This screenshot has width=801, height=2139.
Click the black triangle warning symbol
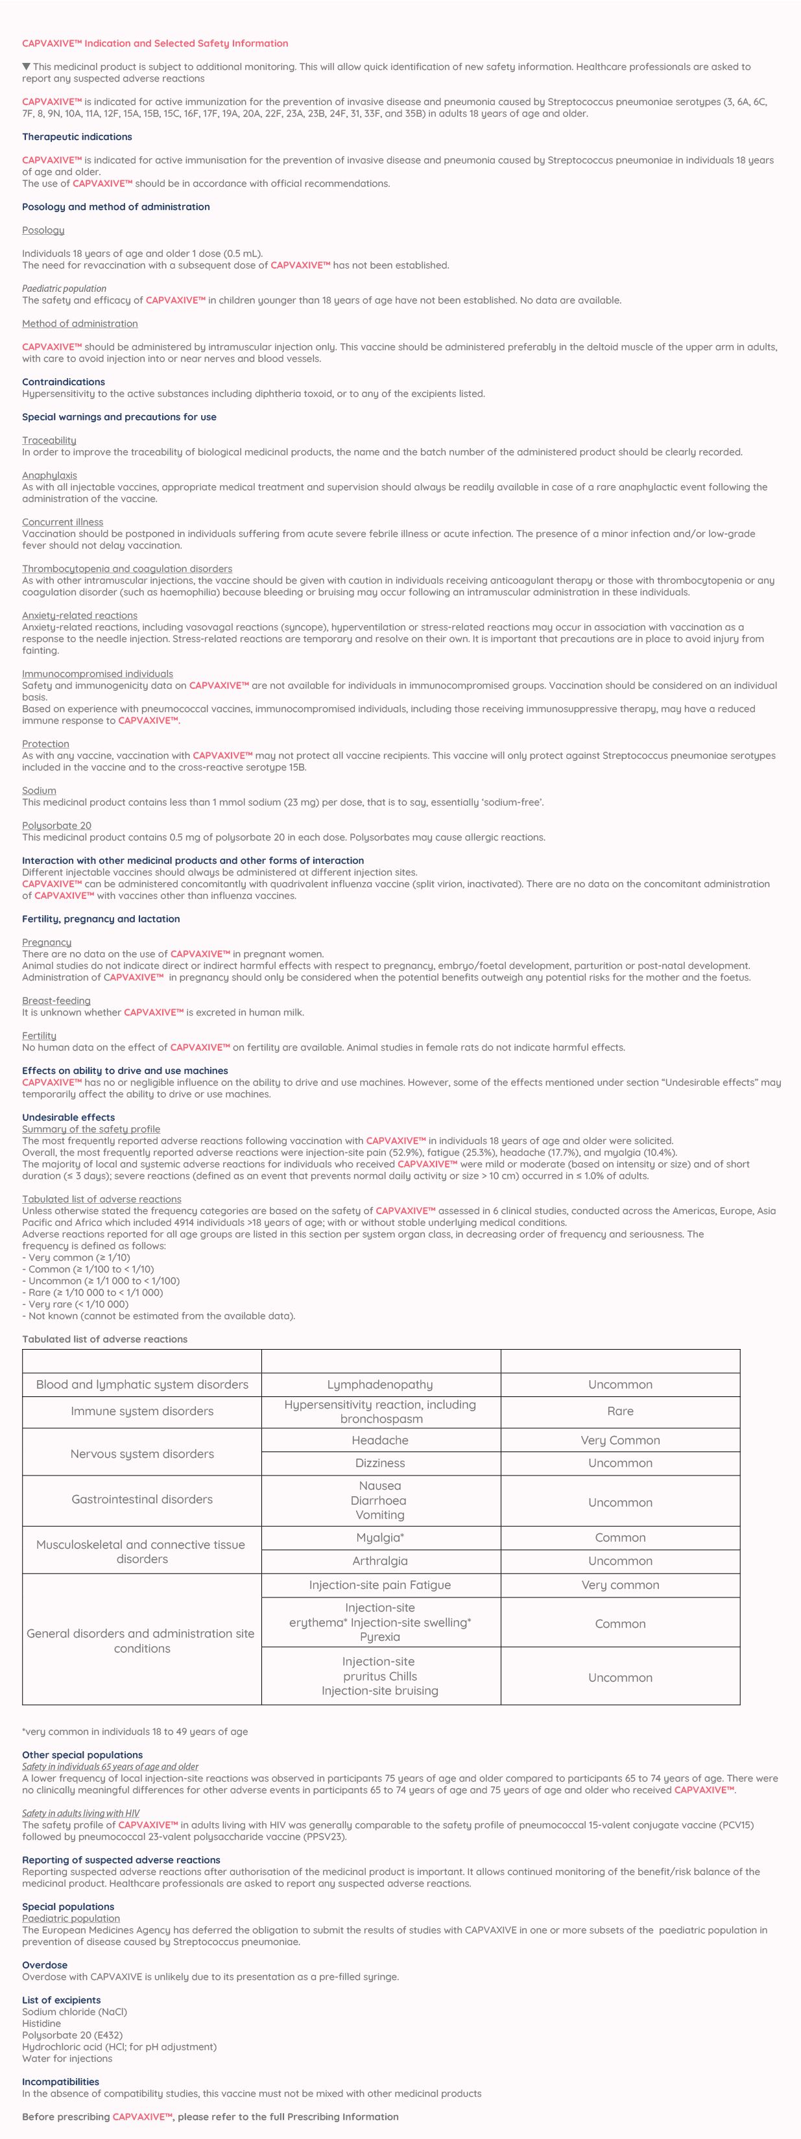27,66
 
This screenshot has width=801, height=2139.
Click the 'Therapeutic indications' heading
77,137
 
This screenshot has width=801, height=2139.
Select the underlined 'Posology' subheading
43,230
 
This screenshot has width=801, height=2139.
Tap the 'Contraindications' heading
63,382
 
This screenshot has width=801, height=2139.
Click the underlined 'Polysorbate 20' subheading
56,826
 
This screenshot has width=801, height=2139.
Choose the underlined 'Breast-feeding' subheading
56,1001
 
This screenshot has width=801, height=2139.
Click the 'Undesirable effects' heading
68,1117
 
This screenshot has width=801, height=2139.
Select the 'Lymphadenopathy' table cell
380,1384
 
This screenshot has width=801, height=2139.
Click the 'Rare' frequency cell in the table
620,1411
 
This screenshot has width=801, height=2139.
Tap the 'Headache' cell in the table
380,1440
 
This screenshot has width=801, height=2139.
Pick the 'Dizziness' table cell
380,1463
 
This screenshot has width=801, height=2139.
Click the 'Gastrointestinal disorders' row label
142,1499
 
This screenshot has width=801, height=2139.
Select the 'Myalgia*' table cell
380,1537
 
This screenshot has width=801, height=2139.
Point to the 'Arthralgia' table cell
380,1561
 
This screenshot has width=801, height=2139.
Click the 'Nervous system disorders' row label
142,1453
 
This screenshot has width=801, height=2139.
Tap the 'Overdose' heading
45,1965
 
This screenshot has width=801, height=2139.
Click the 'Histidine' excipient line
42,2024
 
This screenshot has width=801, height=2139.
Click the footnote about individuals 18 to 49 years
134,1731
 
